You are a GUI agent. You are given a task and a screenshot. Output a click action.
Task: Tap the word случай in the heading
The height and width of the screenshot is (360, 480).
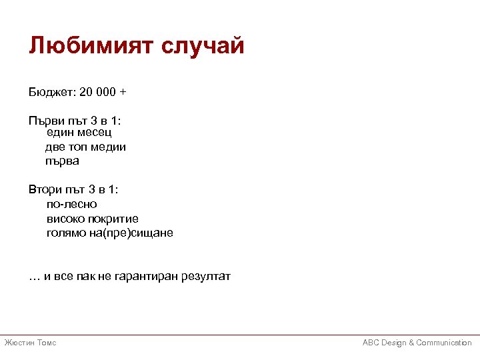pos(205,46)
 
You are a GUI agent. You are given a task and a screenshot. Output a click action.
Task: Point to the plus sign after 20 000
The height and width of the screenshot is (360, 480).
pos(123,91)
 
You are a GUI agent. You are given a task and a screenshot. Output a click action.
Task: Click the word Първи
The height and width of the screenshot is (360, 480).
pos(45,121)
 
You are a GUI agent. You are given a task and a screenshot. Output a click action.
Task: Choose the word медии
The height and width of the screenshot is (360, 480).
pos(109,147)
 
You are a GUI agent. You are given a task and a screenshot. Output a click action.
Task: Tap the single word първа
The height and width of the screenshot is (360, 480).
pos(62,160)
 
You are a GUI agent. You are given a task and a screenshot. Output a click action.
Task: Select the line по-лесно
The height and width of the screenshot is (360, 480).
pos(71,204)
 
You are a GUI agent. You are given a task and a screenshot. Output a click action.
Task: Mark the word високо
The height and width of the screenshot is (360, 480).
pos(65,218)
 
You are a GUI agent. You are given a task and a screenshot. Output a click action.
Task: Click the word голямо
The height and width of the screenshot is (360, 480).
pos(66,233)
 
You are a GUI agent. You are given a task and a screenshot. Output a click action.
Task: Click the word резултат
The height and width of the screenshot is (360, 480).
pos(206,276)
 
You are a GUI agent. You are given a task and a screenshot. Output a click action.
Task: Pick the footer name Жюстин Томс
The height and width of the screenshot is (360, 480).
pos(31,343)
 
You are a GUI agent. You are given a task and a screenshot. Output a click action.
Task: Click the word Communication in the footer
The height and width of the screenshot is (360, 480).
pos(444,343)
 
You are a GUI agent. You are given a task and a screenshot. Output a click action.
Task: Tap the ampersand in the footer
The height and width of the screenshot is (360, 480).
pos(411,343)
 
